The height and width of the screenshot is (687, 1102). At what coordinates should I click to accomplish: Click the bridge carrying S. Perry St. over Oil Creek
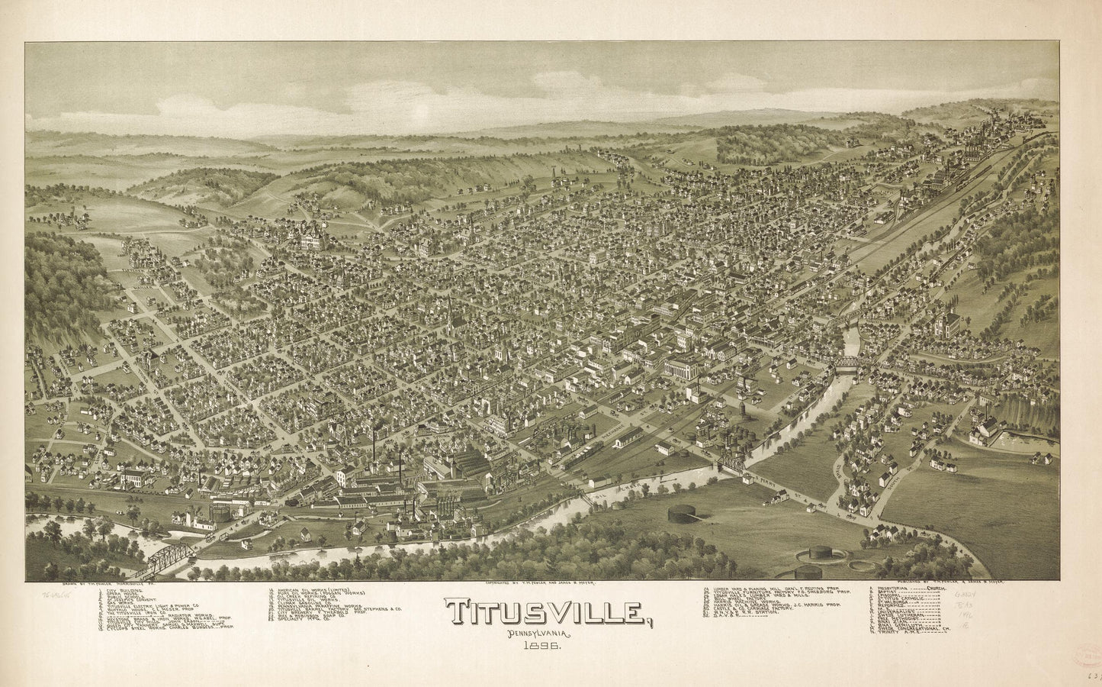point(731,463)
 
